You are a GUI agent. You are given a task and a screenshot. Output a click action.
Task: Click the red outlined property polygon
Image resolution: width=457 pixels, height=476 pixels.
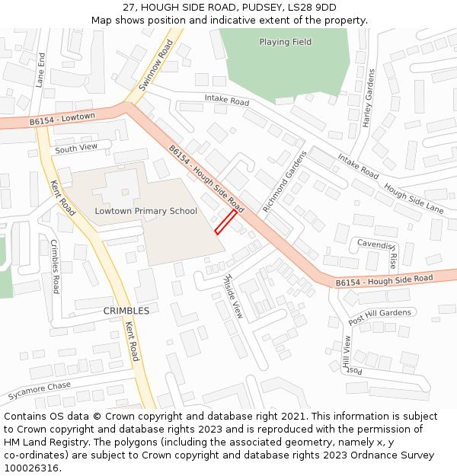225,222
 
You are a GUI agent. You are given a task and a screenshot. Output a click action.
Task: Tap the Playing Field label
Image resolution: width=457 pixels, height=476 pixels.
285,42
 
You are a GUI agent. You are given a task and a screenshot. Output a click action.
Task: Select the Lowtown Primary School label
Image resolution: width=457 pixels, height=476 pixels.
145,211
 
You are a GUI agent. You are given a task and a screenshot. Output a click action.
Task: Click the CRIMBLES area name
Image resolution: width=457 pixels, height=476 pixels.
126,311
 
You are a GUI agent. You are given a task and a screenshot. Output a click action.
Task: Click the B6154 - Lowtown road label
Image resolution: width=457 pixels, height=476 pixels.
62,119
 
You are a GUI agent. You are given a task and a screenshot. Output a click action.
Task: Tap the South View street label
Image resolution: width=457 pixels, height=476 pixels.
76,148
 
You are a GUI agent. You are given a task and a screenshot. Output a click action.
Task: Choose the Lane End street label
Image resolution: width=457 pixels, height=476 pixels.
40,70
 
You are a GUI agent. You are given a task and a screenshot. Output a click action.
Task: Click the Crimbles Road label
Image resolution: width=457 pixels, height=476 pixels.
55,267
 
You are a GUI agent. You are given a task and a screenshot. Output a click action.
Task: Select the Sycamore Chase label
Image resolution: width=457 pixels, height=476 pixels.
40,391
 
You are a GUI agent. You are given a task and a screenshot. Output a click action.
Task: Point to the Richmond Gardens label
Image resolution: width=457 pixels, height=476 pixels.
283,181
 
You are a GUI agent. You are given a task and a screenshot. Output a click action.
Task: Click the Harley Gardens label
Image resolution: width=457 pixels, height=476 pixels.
369,98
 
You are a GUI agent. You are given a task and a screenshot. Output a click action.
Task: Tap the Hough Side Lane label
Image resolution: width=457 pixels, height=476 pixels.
414,198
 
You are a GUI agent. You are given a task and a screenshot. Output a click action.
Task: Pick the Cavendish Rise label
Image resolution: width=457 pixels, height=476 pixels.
378,251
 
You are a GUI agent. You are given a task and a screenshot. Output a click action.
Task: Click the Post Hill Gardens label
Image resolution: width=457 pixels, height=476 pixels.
380,317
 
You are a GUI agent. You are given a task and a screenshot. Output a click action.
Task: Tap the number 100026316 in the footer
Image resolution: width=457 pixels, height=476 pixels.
32,468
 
